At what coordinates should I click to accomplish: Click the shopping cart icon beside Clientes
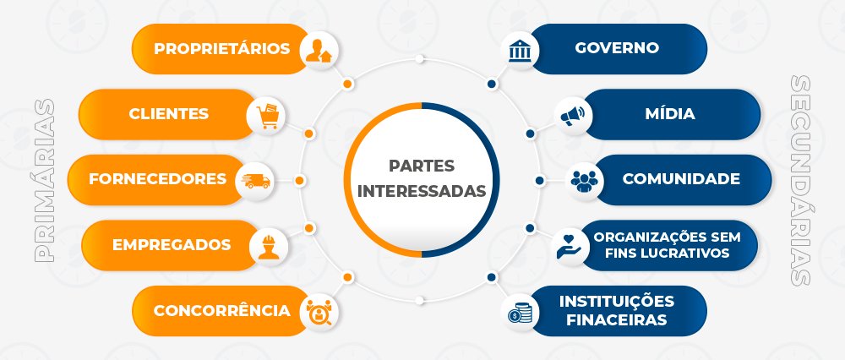coord(267,115)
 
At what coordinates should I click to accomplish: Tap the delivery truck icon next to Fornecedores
coord(256,181)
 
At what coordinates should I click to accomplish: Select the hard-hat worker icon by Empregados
coord(269,246)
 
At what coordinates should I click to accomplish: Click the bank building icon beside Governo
coord(520,50)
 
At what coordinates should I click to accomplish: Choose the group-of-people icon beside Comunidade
coord(585,181)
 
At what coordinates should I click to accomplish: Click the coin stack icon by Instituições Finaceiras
coord(520,313)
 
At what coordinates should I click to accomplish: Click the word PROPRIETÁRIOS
coord(222,48)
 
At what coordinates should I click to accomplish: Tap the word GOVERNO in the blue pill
coord(617,47)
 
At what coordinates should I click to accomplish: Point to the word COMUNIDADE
coord(681,179)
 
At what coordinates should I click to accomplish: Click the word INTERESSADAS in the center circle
coord(422,191)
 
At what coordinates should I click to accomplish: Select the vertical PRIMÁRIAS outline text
coord(44,180)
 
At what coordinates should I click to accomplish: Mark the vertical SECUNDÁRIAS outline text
coord(801,180)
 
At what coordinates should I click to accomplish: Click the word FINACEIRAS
coord(617,319)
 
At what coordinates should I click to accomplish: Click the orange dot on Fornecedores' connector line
coord(300,181)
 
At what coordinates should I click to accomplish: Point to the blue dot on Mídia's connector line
coord(531,134)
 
